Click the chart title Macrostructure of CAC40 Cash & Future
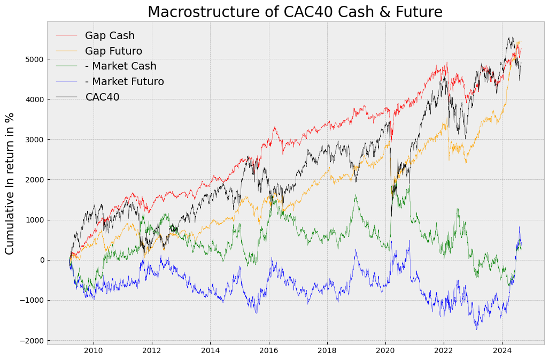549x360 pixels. [x=295, y=12]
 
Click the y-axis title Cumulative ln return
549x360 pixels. [x=10, y=183]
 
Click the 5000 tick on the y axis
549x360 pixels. [x=33, y=59]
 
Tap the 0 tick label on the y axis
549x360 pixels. [x=40, y=261]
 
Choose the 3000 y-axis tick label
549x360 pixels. [x=33, y=140]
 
